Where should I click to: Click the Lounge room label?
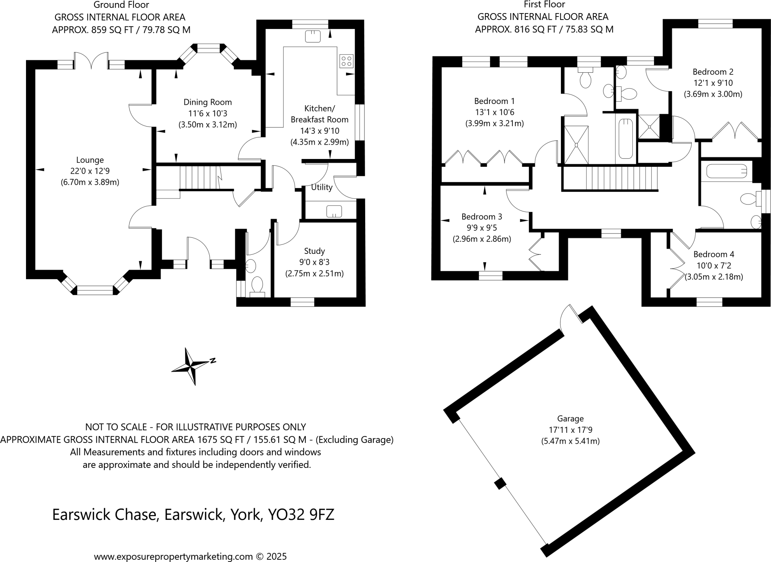[x=90, y=160]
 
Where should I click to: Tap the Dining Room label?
[x=207, y=102]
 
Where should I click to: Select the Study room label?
[x=314, y=251]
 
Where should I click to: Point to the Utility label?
[x=322, y=187]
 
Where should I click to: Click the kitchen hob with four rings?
[x=346, y=61]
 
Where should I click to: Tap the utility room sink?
[x=334, y=211]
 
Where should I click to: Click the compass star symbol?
[x=191, y=366]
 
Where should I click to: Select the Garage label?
[x=570, y=418]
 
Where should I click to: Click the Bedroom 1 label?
[x=494, y=101]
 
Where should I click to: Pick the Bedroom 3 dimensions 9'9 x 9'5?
[x=481, y=228]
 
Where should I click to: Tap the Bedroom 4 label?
[x=713, y=254]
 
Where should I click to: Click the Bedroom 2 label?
[x=713, y=72]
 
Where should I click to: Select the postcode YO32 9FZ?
[x=301, y=515]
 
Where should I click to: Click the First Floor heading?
[x=544, y=5]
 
